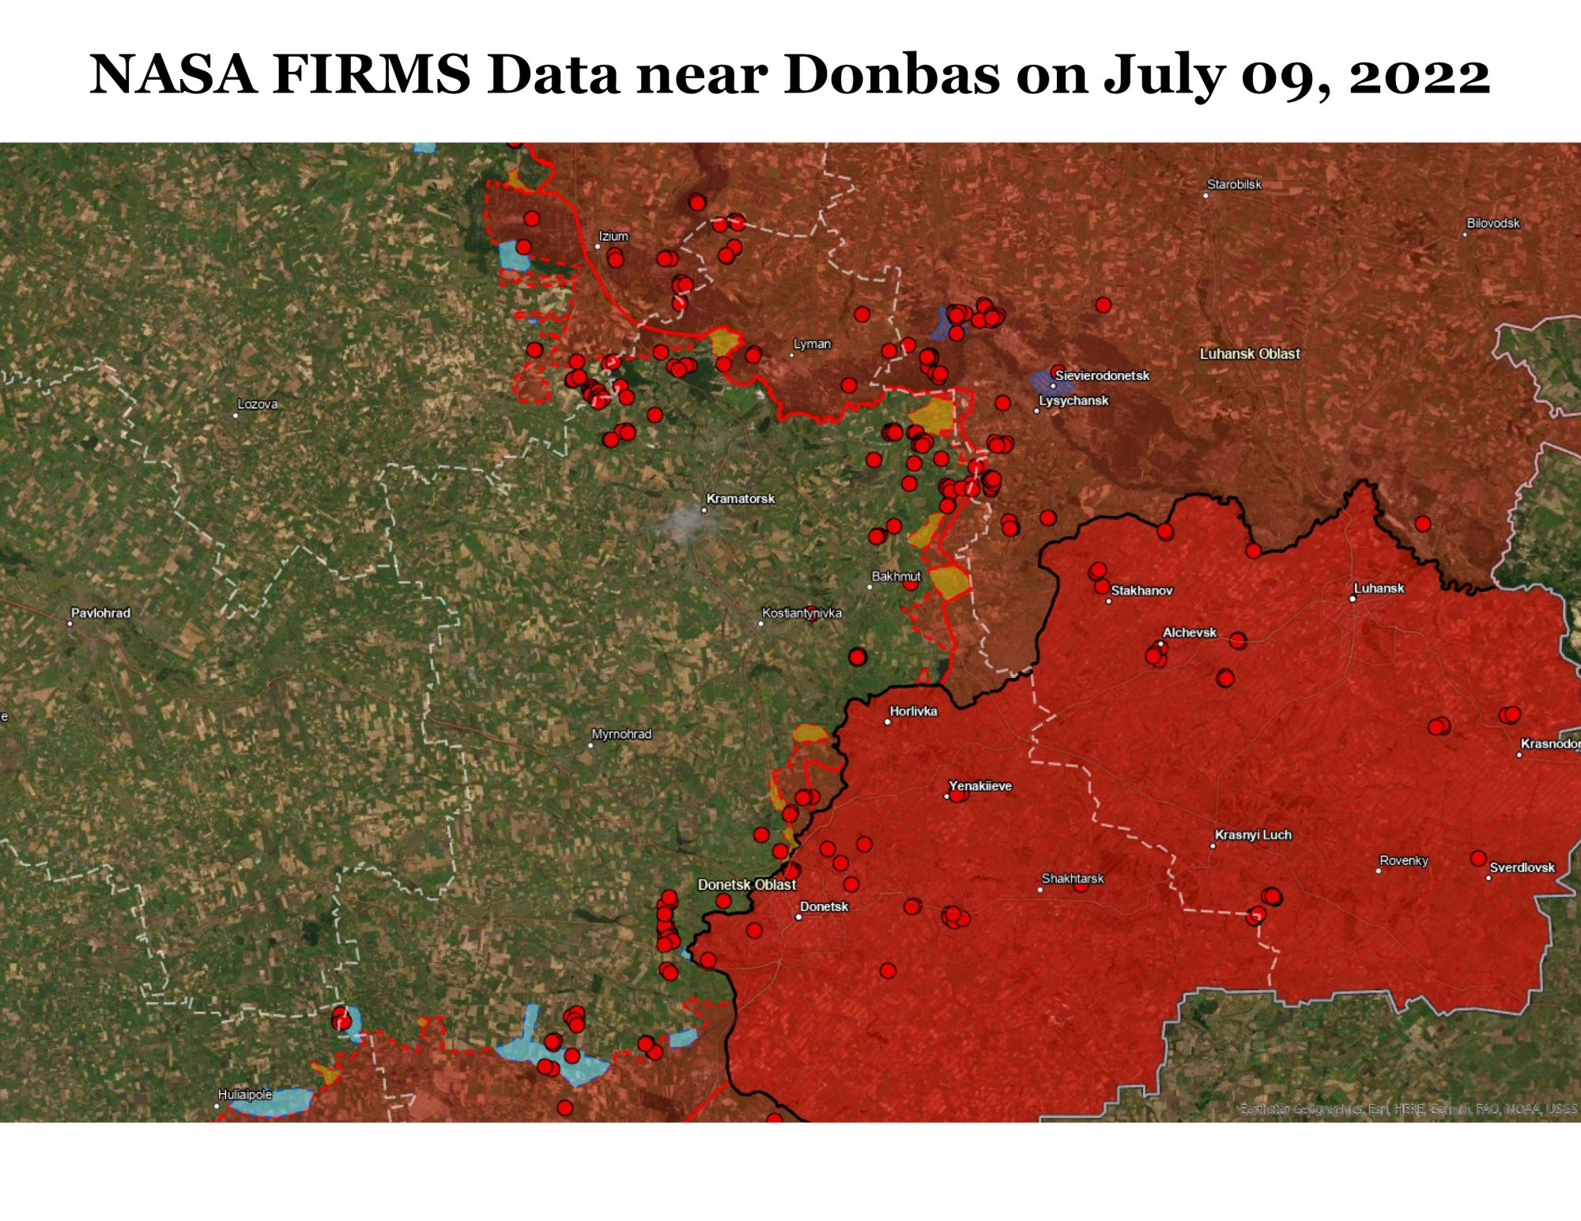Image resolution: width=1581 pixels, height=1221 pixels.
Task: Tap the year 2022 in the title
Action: coord(1419,75)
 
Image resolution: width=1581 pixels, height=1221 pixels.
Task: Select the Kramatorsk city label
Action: coord(740,499)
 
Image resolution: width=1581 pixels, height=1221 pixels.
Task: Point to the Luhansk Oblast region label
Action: coord(1249,354)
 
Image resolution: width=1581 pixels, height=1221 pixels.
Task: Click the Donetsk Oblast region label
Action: coord(746,884)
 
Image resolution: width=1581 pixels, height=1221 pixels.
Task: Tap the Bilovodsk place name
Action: coord(1493,223)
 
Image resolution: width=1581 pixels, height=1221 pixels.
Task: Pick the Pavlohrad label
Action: coord(100,612)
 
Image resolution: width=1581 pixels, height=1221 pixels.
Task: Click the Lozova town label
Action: coord(257,404)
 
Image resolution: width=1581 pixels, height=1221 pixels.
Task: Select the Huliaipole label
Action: coord(244,1095)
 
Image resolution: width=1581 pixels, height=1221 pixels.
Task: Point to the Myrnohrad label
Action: coord(621,734)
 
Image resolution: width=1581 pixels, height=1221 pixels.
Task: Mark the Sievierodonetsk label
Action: coord(1102,375)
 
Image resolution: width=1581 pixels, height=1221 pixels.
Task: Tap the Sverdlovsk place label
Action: coord(1522,867)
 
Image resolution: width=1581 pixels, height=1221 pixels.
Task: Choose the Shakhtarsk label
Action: coord(1072,878)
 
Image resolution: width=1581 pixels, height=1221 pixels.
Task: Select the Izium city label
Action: coord(613,236)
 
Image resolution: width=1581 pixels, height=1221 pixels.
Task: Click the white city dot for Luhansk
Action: coord(1353,599)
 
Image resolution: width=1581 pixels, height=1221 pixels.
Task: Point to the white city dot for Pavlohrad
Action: coord(70,624)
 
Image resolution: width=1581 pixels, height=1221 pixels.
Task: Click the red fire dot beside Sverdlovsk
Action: coord(1477,857)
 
